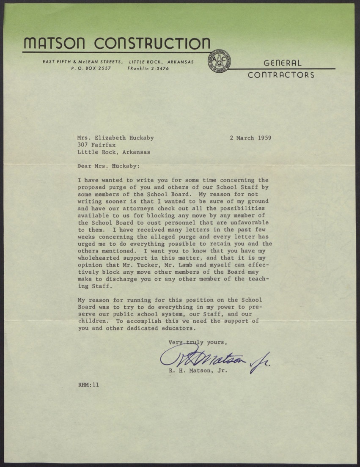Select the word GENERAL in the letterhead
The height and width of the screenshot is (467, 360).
(x=283, y=63)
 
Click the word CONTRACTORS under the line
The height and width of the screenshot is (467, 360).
(x=281, y=75)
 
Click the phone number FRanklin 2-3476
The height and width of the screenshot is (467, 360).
(x=148, y=68)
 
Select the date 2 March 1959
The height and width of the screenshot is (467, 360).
(x=250, y=137)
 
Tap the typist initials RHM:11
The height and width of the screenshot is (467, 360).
(x=88, y=386)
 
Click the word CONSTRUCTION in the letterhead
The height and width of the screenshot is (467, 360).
(x=153, y=43)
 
